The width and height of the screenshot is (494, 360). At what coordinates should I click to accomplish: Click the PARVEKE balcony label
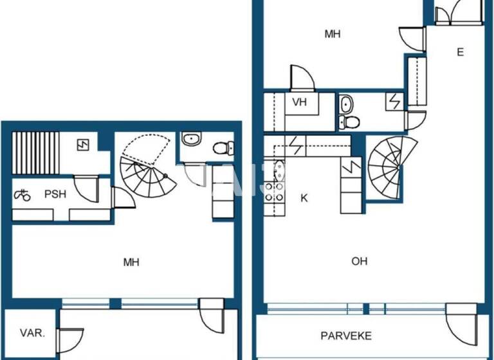coord(346,336)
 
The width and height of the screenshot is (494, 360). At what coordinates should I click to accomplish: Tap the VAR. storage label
coord(32,333)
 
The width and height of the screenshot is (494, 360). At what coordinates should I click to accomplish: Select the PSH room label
coord(55,194)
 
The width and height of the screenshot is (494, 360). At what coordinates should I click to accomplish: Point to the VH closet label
coord(300,102)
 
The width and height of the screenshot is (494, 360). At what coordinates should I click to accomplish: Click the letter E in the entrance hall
coord(461,52)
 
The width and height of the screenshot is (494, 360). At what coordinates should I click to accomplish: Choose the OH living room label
coord(360,261)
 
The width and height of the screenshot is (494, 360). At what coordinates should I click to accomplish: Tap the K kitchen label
coord(304,198)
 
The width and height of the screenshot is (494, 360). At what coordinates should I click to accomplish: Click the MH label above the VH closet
coord(332,34)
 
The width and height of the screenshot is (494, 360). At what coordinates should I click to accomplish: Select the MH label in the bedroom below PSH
coord(131,262)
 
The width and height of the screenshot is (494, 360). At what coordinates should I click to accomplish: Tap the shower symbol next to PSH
coord(23,194)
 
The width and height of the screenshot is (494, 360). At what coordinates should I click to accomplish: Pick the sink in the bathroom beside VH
coord(346,103)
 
